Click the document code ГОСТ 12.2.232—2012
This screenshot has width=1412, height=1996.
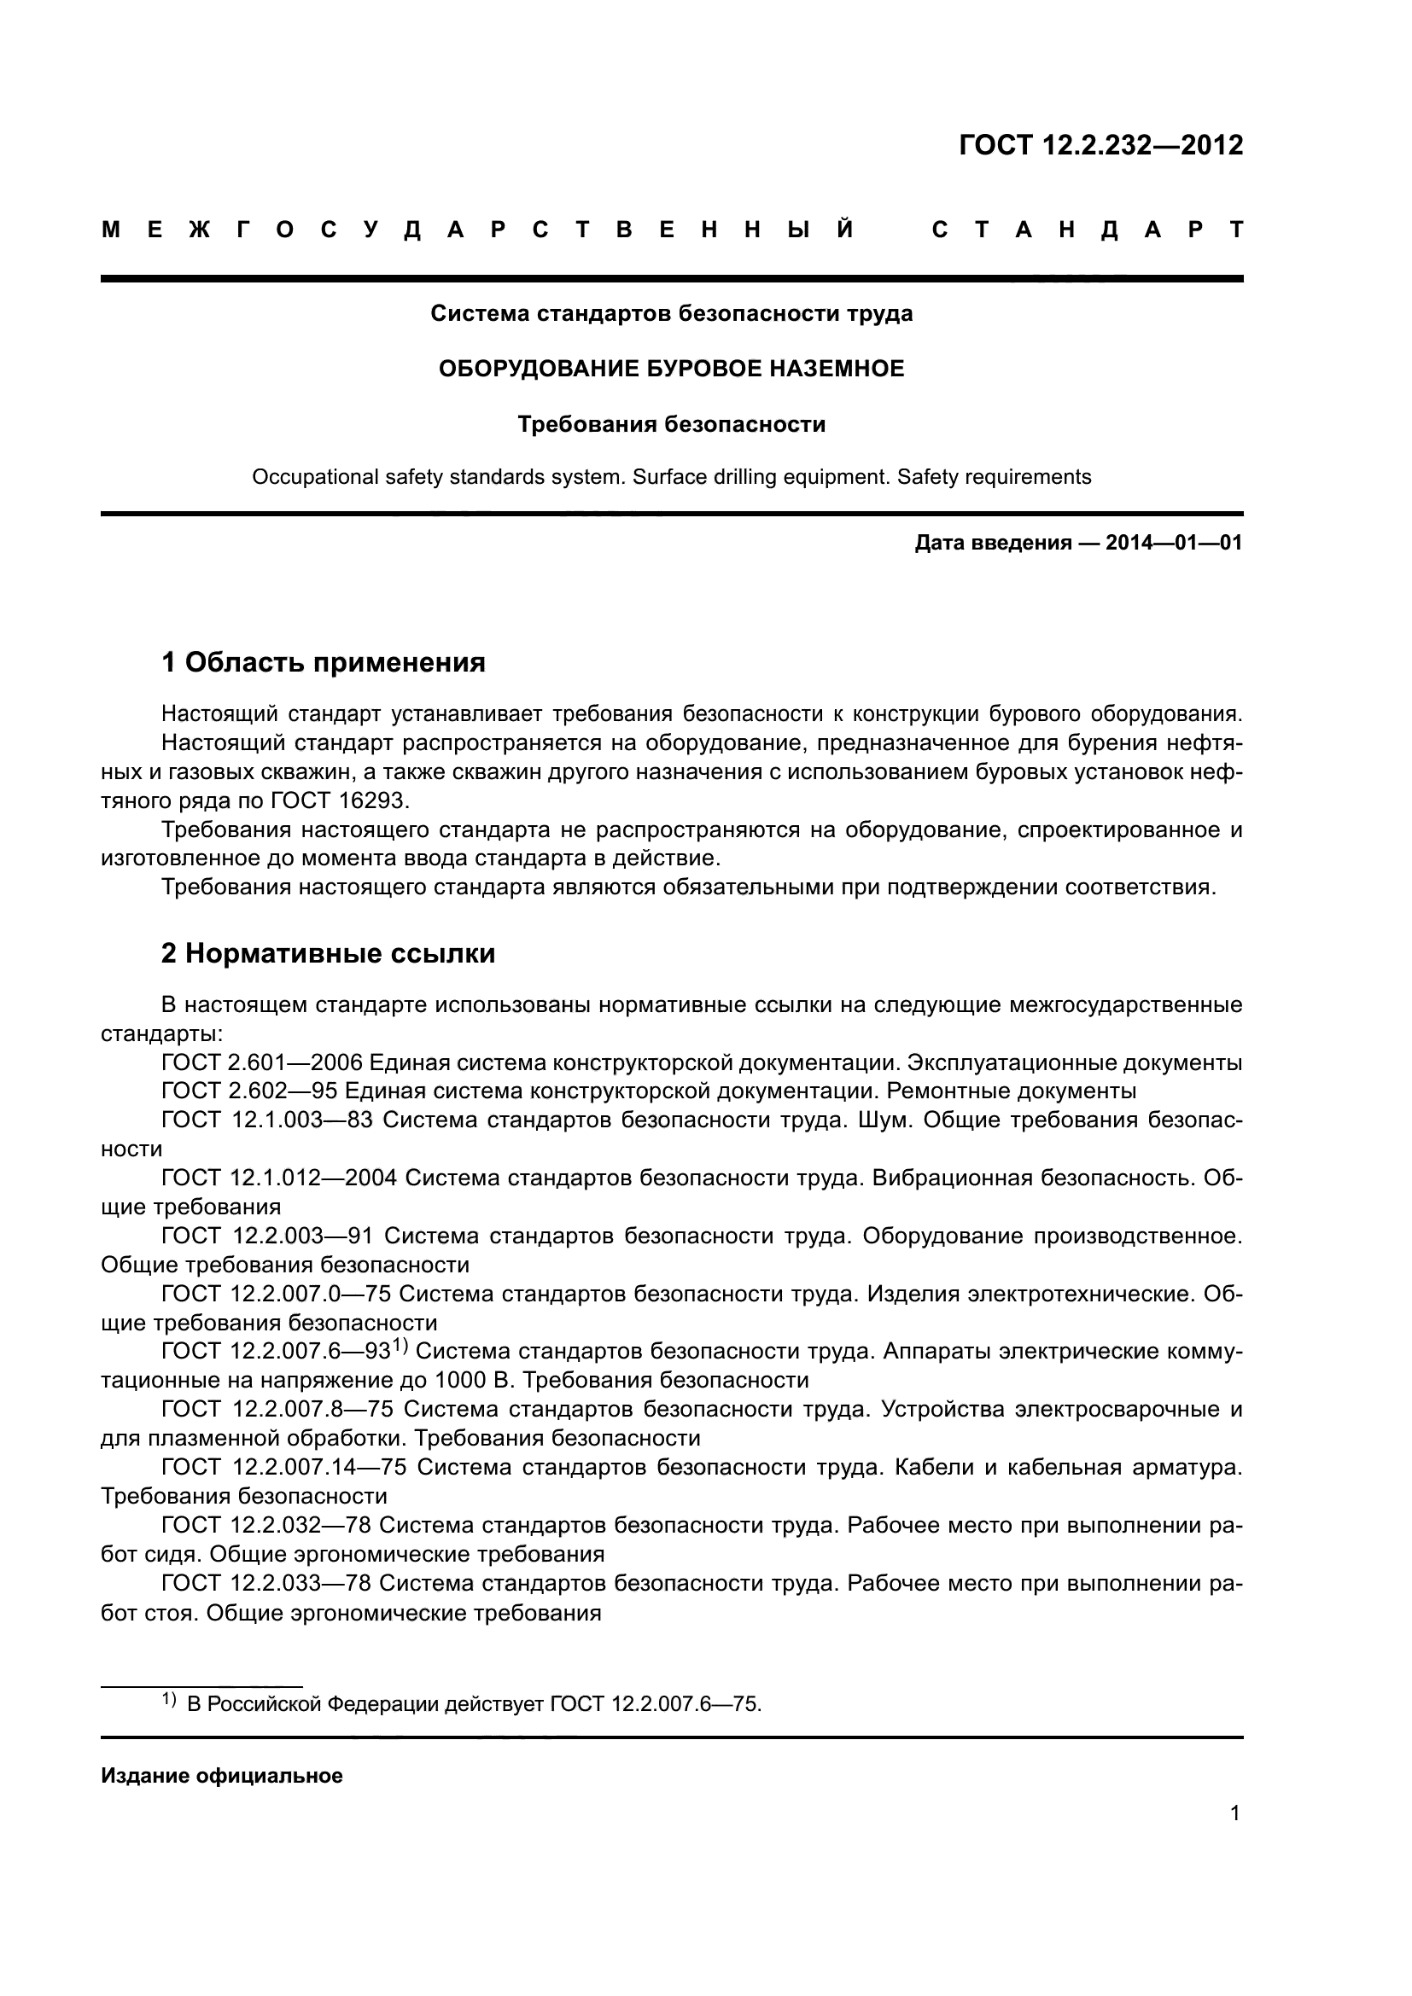(x=1100, y=145)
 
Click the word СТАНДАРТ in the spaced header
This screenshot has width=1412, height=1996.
(x=1087, y=230)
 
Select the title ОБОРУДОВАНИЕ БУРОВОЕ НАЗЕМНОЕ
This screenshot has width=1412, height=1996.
(x=671, y=369)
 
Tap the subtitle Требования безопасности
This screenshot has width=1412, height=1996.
(x=671, y=424)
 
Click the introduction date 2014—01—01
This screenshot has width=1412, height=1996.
(x=1173, y=544)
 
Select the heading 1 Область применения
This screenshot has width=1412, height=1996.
(x=324, y=662)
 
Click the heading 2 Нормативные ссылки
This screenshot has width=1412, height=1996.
(x=328, y=954)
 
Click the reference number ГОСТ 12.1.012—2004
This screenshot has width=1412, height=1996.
(x=279, y=1178)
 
